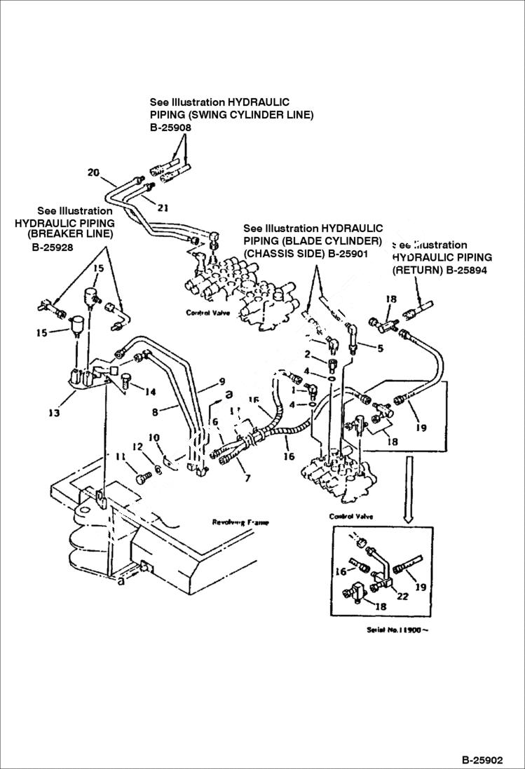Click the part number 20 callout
point(93,172)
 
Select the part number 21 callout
point(163,207)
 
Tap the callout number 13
point(53,413)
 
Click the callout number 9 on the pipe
point(221,381)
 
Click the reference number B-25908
point(170,128)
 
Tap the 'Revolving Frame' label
point(240,522)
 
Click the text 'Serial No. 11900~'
point(397,630)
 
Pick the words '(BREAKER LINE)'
point(69,234)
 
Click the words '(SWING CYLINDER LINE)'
point(231,114)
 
